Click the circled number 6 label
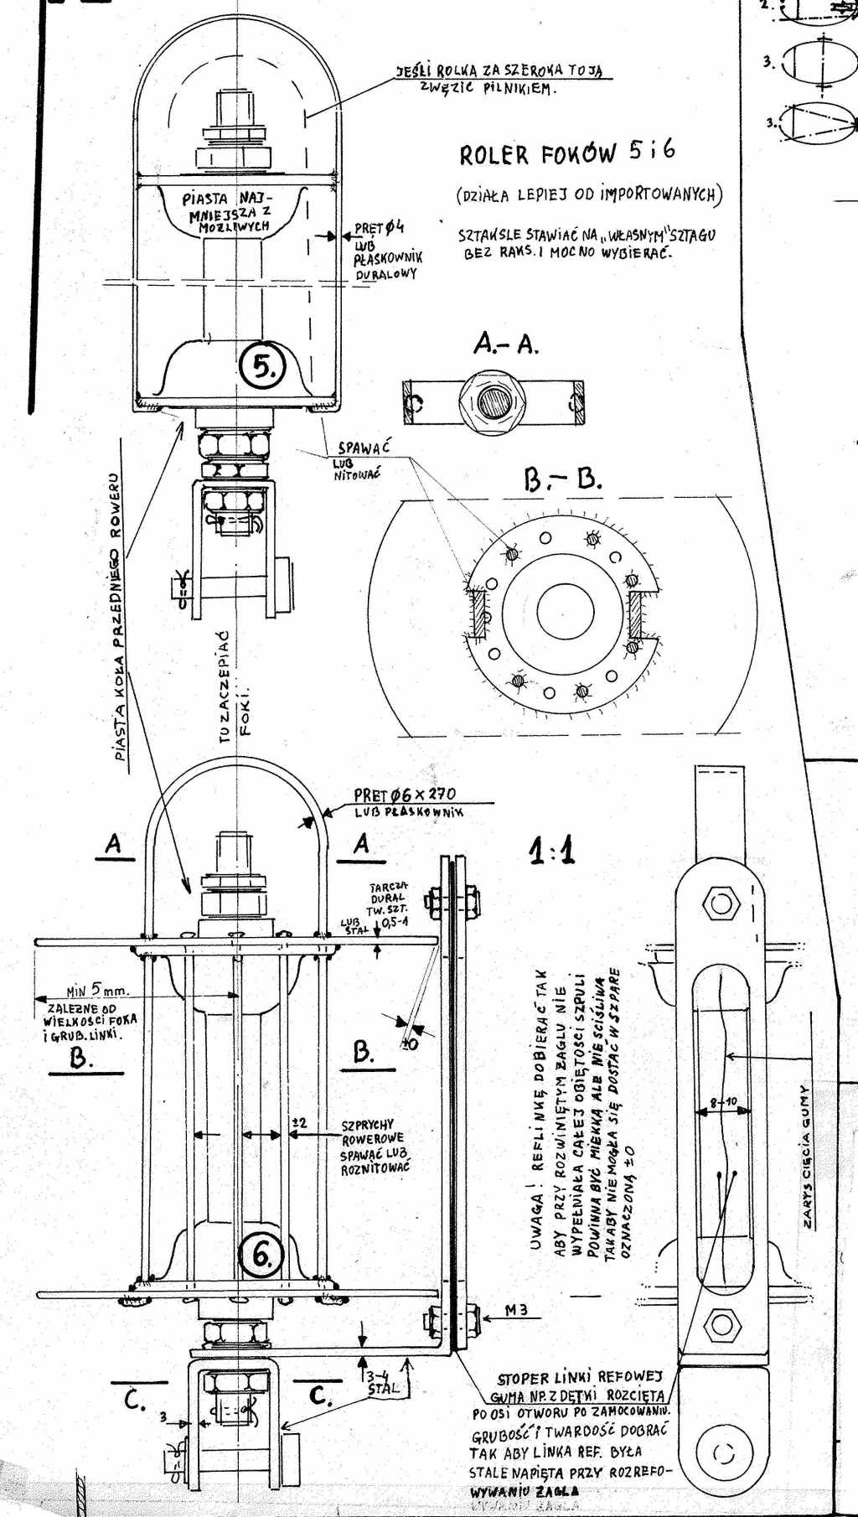coord(262,1254)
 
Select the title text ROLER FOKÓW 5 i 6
coord(566,153)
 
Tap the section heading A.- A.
coord(506,343)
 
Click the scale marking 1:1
coord(551,852)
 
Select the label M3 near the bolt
coord(517,1310)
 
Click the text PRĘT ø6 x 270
coord(405,795)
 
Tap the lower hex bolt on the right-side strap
coord(719,1325)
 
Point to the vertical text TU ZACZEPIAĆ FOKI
coord(234,687)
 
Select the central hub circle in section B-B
coord(564,605)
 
